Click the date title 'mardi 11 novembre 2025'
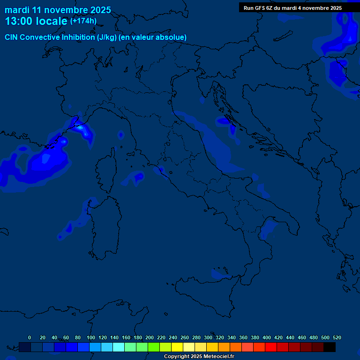58,10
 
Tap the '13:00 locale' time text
36,21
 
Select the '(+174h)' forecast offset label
83,21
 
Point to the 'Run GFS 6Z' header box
292,8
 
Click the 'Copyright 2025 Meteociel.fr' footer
199,356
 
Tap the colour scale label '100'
91,337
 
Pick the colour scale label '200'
150,337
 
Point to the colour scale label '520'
337,337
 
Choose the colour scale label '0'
30,337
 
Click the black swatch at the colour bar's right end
330,347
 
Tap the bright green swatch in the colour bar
154,347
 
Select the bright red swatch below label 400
271,347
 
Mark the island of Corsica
105,171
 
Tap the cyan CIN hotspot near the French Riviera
80,127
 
